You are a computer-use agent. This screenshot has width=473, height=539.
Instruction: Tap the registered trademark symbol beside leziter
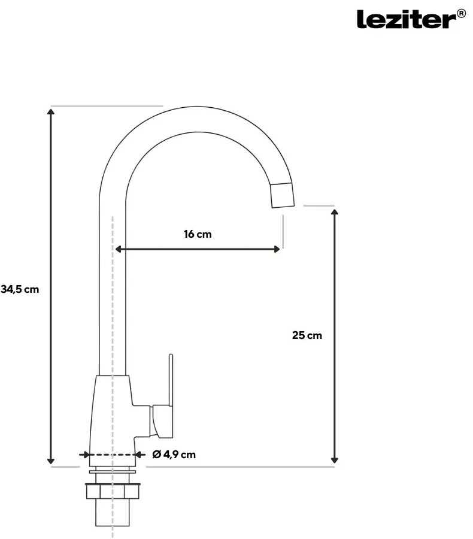[461, 14]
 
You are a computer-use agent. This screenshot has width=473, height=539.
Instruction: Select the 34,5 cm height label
[20, 289]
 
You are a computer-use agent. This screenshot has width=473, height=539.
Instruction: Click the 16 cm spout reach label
[198, 234]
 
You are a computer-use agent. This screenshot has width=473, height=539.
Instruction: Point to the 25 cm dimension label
[307, 335]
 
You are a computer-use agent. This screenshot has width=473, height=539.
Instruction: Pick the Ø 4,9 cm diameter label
[174, 455]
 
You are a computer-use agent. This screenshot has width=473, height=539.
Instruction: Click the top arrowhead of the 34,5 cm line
[51, 112]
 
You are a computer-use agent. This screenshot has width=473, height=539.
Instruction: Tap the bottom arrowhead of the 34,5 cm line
[51, 461]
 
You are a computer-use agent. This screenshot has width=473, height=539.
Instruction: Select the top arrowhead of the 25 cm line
[335, 212]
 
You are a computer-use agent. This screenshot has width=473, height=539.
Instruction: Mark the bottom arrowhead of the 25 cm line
[335, 460]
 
